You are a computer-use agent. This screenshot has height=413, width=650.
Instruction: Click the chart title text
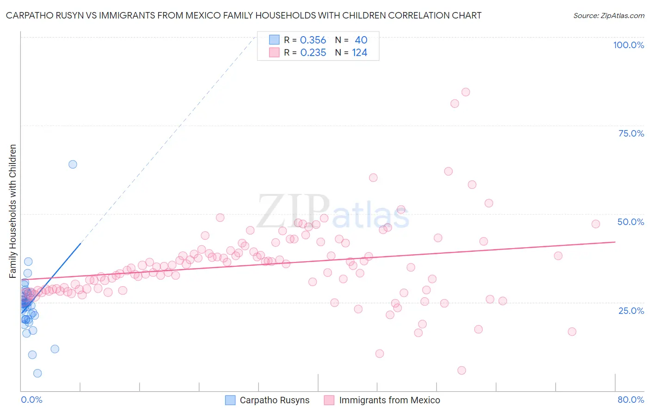244,15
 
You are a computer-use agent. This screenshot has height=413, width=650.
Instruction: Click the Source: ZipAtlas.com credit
608,15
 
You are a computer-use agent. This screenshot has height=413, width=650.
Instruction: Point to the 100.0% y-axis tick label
628,45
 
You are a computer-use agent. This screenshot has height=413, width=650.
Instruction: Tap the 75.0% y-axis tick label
631,133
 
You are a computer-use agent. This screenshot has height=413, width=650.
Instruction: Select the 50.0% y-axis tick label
631,222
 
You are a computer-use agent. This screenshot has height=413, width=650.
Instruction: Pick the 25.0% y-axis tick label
631,310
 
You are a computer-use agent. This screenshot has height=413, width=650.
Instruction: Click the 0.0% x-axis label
31,400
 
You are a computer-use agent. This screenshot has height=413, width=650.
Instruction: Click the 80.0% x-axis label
631,400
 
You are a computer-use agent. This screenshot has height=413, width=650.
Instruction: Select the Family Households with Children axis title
12,211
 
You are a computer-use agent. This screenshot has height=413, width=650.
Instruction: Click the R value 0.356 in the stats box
313,40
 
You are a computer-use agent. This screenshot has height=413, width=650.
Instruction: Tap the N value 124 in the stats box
360,53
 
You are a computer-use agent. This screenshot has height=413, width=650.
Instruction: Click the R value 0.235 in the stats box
313,53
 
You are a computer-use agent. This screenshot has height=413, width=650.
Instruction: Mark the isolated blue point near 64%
73,164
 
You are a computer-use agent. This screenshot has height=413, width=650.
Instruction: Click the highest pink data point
466,92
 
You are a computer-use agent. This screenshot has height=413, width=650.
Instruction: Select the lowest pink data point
461,370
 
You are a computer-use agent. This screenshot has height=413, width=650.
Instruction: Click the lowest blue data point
37,373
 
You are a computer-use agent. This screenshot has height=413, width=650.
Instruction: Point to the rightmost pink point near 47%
595,224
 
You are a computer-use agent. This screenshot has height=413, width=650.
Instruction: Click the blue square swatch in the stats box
274,40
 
